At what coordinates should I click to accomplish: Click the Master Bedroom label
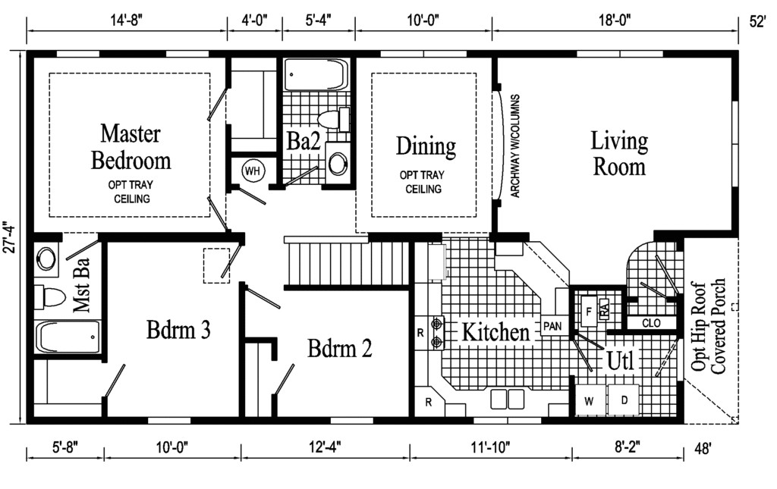tap(131, 147)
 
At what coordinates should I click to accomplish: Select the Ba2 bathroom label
tap(301, 142)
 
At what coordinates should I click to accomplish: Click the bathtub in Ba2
tap(316, 75)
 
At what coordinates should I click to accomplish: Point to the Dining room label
tap(426, 145)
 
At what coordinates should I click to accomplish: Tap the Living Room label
tap(619, 153)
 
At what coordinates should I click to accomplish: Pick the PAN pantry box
tap(552, 327)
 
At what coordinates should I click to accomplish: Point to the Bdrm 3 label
tap(178, 330)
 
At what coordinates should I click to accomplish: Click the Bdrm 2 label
tap(340, 349)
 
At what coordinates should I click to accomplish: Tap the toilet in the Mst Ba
tap(49, 296)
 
